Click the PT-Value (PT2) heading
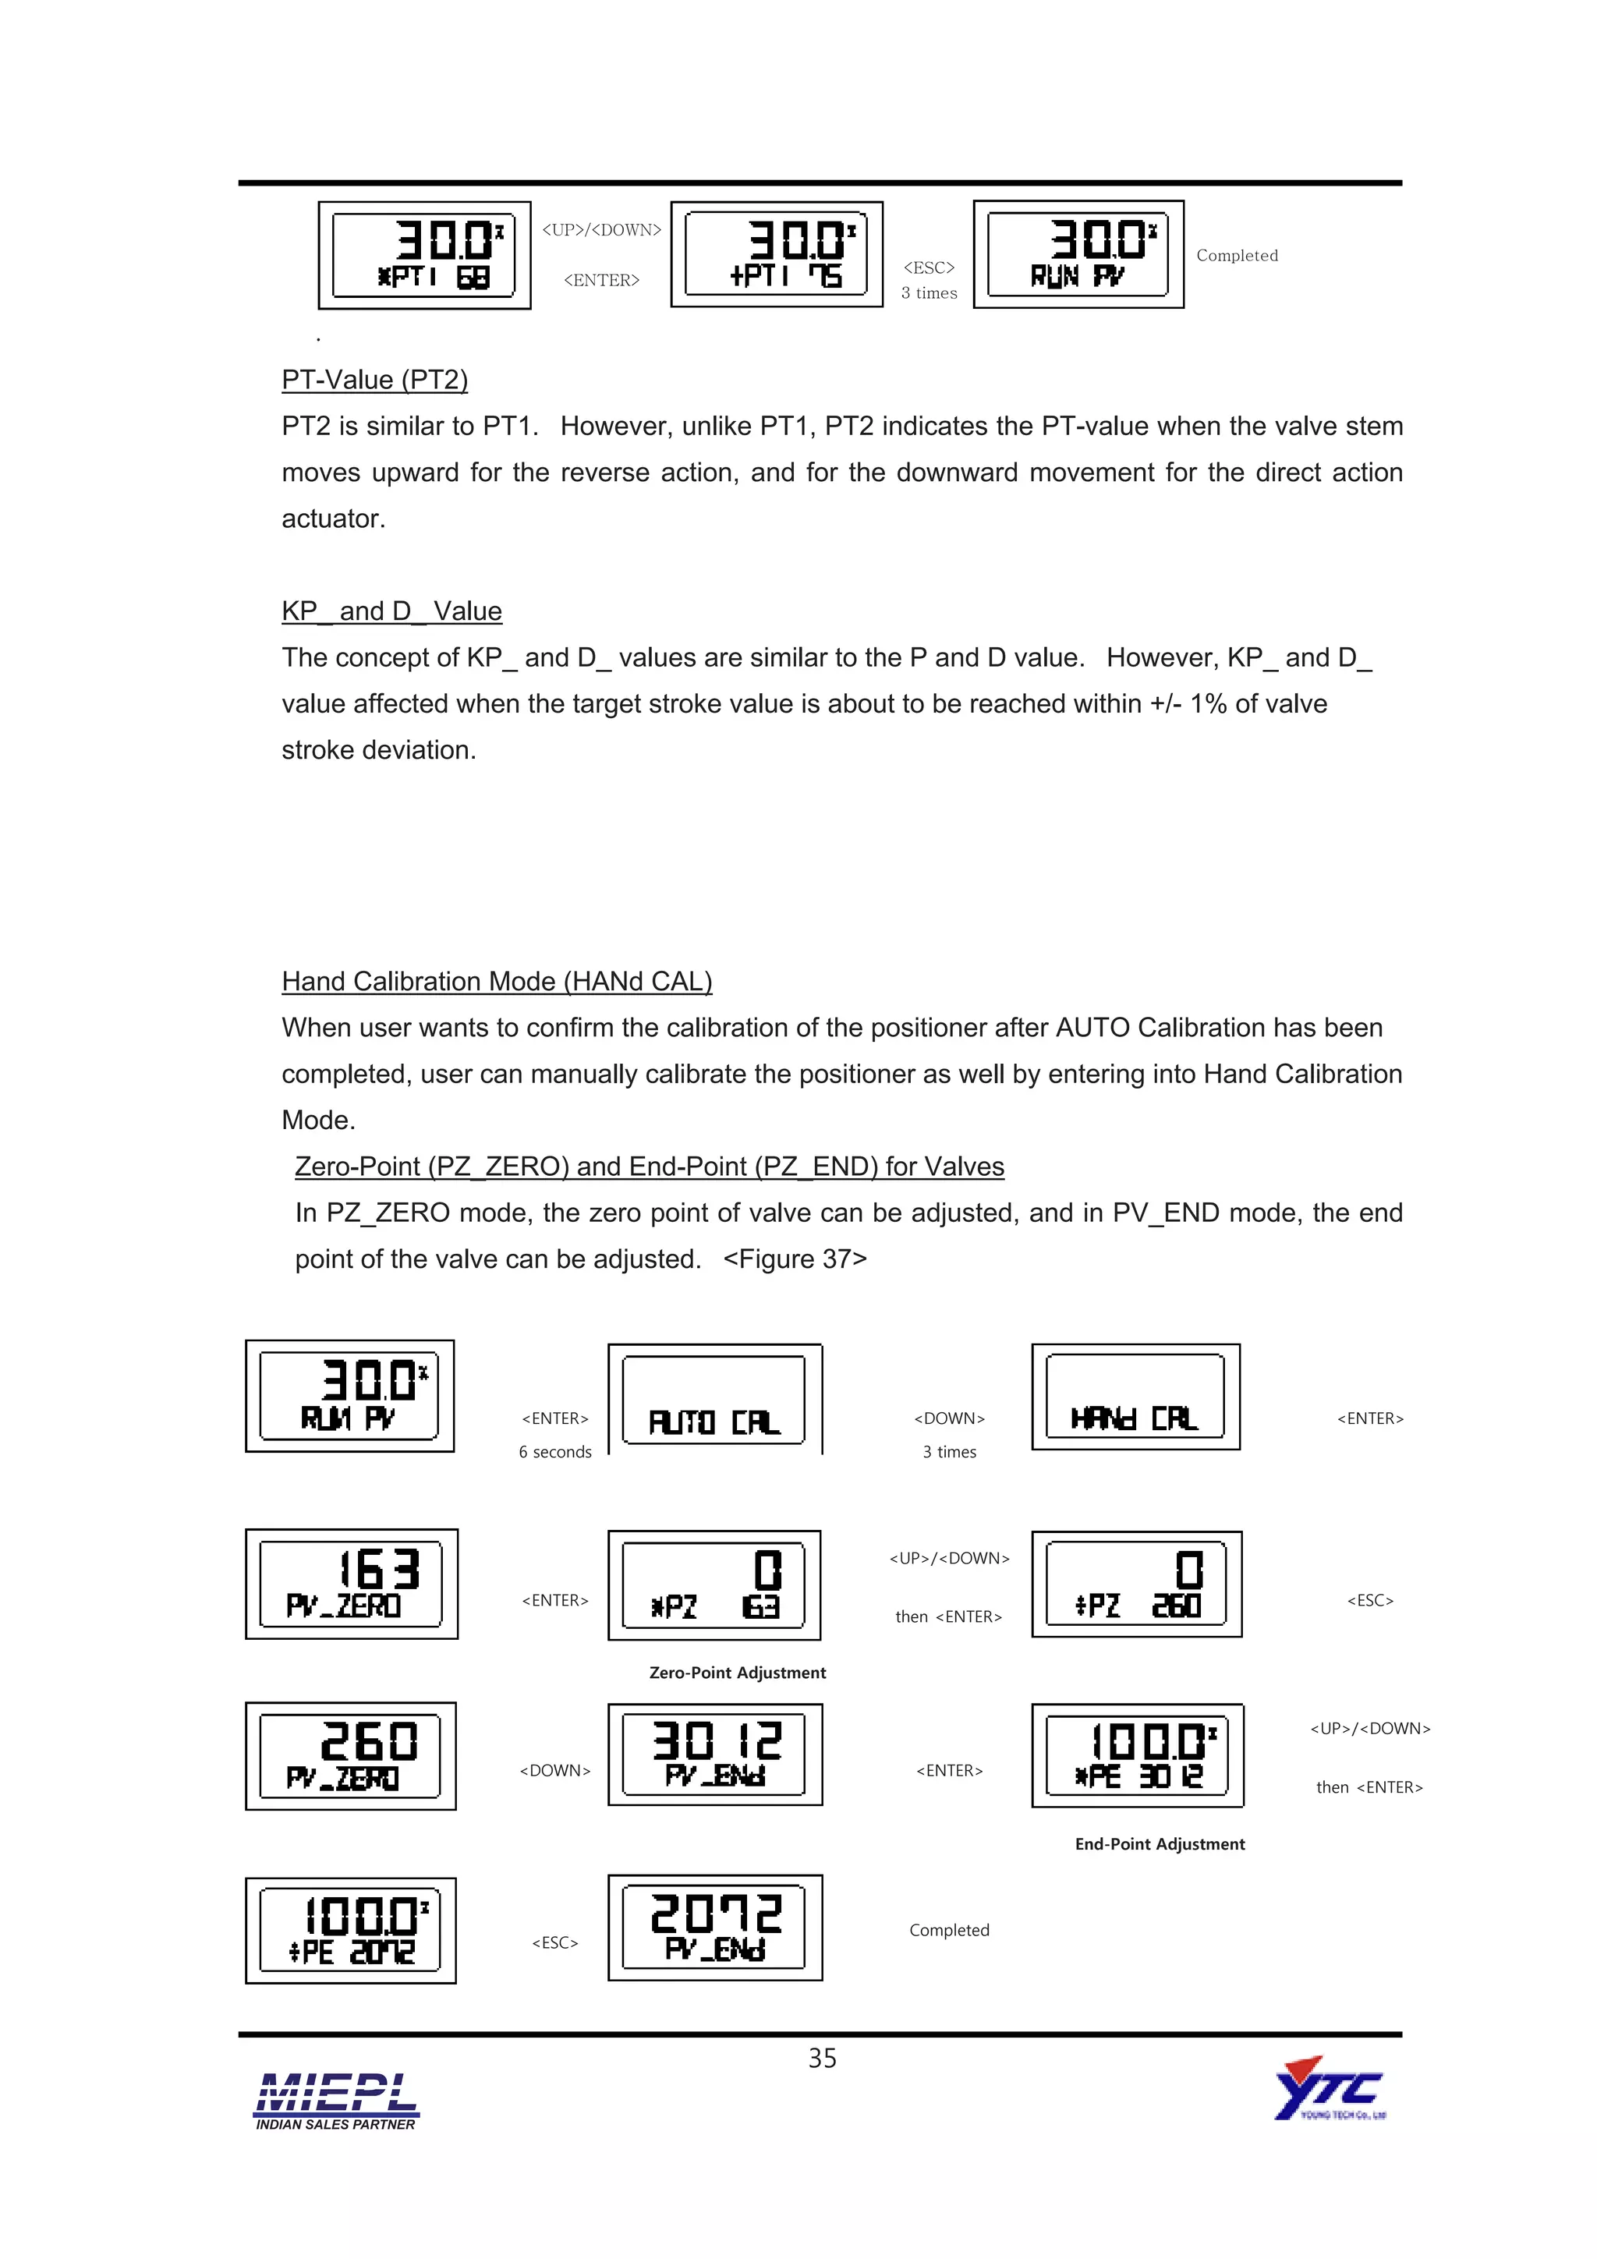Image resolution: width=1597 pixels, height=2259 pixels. [374, 380]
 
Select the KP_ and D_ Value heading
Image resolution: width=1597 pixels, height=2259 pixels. [391, 611]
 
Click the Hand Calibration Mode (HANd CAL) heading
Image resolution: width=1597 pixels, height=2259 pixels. [496, 981]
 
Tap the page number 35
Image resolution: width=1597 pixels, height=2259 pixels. [822, 2057]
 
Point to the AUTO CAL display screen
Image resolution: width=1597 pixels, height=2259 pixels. [714, 1399]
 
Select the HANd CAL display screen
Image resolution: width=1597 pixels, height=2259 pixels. [1135, 1396]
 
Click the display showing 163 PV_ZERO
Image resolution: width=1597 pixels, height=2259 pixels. [351, 1583]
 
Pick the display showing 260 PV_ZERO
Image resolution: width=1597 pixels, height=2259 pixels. [350, 1755]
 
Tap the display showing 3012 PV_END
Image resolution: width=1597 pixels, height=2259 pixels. [714, 1754]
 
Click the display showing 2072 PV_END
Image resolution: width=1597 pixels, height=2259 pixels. [714, 1927]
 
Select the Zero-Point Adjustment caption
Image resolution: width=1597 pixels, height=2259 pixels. [737, 1673]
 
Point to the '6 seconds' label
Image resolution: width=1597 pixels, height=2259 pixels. [555, 1452]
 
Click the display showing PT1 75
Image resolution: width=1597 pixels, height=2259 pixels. [777, 255]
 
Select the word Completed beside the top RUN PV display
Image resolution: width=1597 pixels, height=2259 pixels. [1237, 256]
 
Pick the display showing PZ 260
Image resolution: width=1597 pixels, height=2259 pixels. [1135, 1584]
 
